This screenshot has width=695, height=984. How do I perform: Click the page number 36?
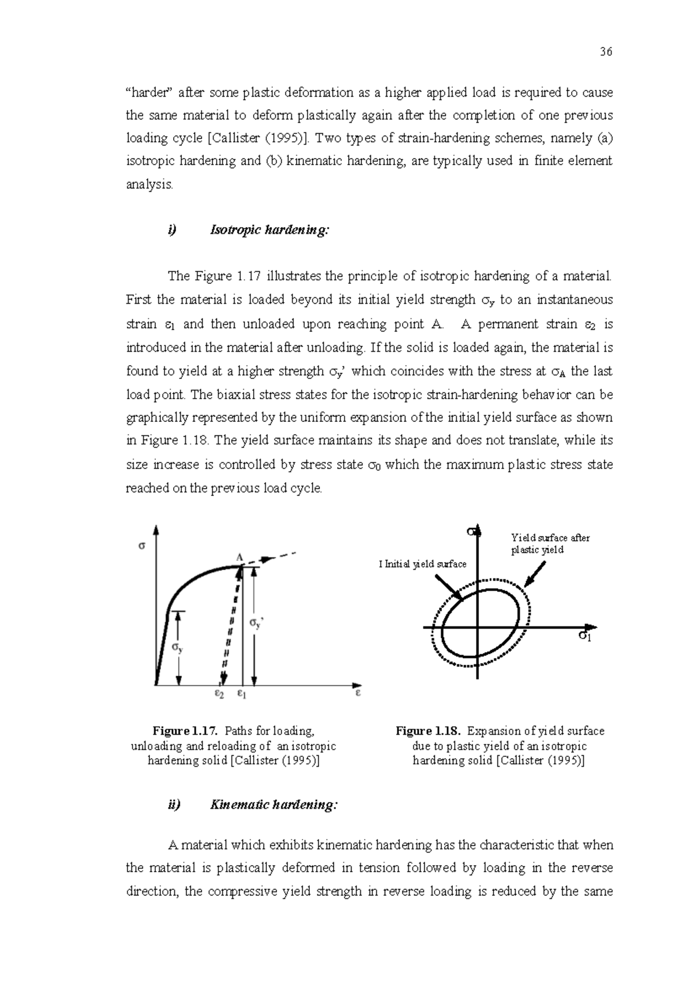(x=606, y=52)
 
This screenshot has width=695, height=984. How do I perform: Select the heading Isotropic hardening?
(x=269, y=230)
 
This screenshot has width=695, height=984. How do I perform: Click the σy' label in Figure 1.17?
(x=256, y=623)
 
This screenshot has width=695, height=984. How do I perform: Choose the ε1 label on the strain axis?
(x=242, y=693)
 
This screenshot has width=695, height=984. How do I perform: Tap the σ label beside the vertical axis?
(x=142, y=545)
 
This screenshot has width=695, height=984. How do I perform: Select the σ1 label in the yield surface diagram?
(x=585, y=636)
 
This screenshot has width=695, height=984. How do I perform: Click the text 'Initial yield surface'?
(x=425, y=564)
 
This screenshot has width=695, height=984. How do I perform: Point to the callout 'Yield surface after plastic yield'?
(x=550, y=544)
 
